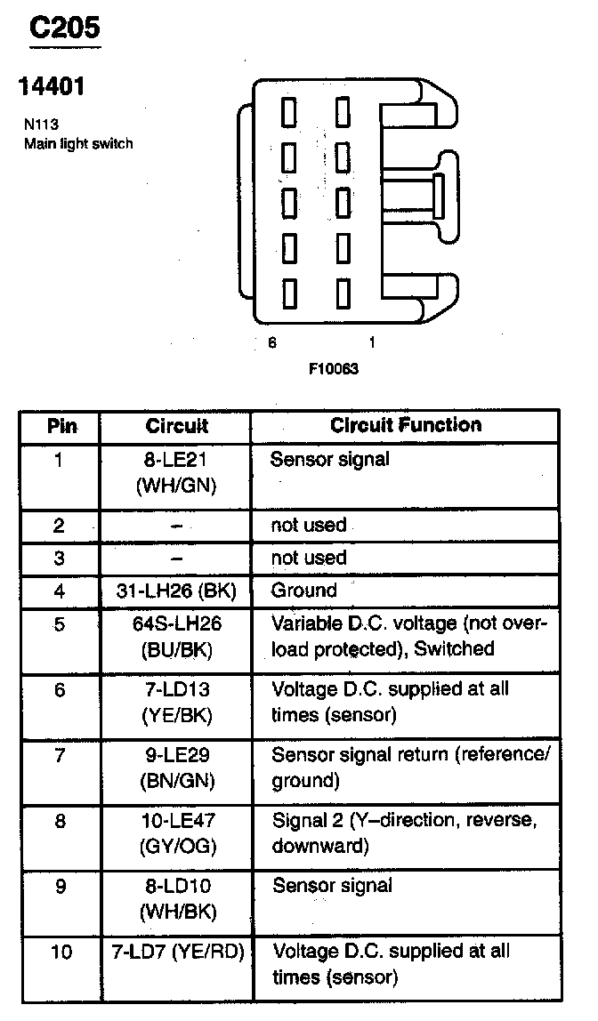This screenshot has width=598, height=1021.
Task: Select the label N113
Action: [42, 125]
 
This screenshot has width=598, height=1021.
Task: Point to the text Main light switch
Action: [78, 143]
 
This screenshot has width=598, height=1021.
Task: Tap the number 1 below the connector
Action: [371, 342]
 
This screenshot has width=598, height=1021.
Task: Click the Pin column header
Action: [61, 426]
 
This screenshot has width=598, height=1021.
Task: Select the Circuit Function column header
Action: [406, 425]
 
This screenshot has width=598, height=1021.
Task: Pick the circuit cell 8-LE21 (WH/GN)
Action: [176, 473]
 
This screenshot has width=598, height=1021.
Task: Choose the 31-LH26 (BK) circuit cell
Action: [176, 591]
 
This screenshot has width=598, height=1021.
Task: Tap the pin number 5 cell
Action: [60, 624]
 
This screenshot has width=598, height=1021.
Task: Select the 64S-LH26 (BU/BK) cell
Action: [176, 636]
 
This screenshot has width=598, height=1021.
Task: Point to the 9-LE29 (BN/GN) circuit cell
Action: [176, 768]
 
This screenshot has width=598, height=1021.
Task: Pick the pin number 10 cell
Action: [61, 952]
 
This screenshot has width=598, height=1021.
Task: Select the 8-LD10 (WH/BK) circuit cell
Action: [176, 898]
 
